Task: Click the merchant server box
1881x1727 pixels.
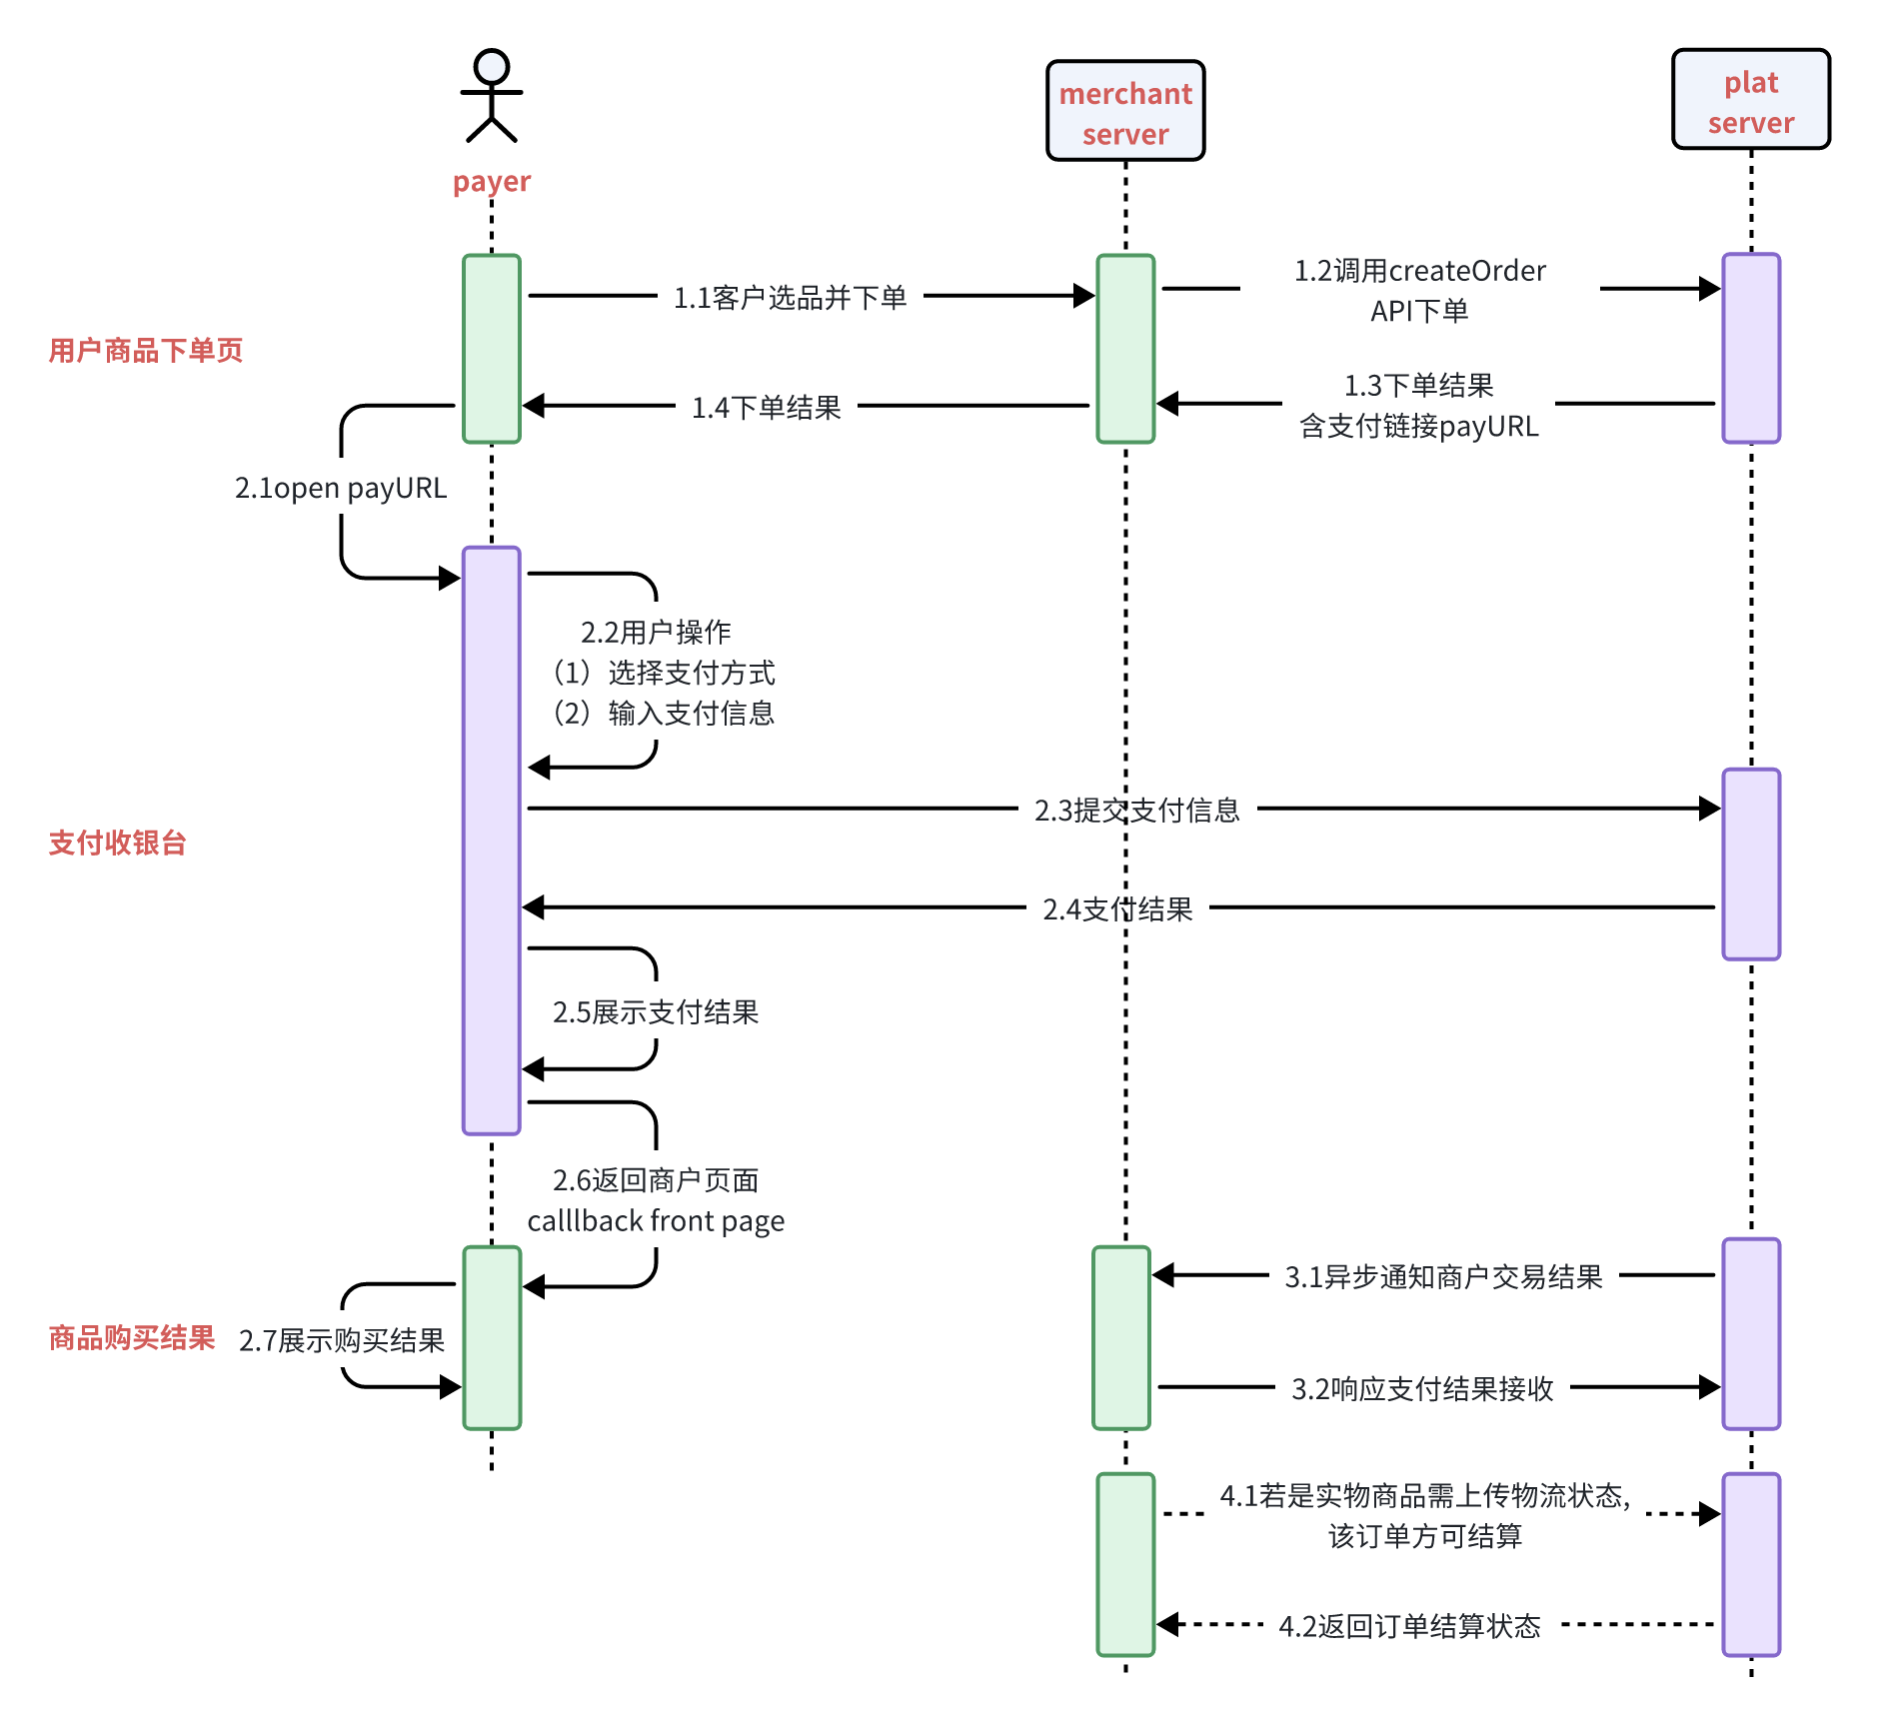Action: coord(1125,111)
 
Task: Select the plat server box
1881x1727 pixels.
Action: coord(1751,100)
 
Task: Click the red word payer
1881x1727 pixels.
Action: coord(492,182)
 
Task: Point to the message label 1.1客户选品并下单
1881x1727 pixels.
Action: coord(790,297)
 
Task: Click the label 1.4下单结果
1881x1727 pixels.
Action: coord(767,407)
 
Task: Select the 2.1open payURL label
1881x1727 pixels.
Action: coord(341,488)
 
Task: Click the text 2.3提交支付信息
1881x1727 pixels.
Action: coord(1137,810)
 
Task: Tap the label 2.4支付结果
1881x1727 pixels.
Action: coord(1117,908)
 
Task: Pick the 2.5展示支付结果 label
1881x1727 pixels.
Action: coord(656,1012)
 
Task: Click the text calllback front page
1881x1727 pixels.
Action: coord(656,1221)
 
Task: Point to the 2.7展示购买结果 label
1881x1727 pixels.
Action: coord(342,1340)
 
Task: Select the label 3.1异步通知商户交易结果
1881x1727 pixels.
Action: coord(1443,1276)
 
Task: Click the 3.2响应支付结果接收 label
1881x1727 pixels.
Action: coord(1422,1388)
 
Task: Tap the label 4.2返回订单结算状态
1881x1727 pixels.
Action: coord(1409,1626)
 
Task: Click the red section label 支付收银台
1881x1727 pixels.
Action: coord(118,843)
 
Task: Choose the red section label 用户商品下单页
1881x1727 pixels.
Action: coord(146,350)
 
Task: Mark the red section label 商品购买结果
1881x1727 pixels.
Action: coord(132,1337)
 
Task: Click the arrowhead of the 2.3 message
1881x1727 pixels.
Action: coord(1710,809)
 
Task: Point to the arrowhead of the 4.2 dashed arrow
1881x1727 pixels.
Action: coord(1168,1624)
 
